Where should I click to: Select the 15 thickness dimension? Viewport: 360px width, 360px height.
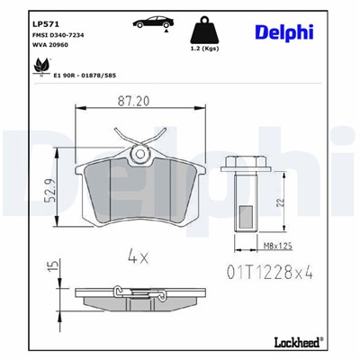pyautogui.click(x=54, y=268)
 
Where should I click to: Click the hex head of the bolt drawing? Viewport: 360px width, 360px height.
pyautogui.click(x=240, y=165)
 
